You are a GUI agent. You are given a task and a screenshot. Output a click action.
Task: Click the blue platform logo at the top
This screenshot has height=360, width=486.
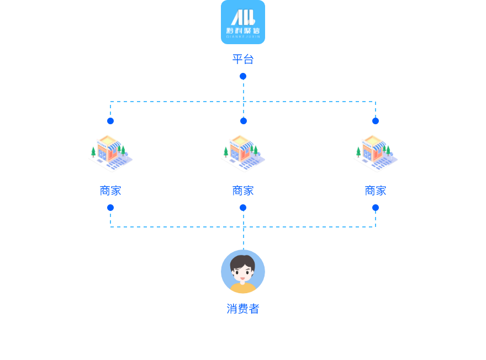click(x=243, y=22)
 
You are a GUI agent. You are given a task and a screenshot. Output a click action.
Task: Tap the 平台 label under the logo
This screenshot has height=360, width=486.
click(x=243, y=59)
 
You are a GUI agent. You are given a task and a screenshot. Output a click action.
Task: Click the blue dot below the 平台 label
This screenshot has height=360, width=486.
click(x=243, y=76)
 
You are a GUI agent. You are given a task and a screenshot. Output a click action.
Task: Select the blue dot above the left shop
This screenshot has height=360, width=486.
click(x=110, y=121)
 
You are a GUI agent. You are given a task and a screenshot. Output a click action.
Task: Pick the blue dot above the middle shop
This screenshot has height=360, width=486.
click(x=243, y=121)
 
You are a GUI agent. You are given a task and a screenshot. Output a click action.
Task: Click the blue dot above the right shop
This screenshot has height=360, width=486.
click(x=376, y=121)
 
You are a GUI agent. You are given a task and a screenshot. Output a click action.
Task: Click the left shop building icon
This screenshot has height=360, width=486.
click(x=110, y=153)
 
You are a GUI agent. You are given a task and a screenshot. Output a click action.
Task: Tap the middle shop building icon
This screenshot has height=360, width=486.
click(x=242, y=153)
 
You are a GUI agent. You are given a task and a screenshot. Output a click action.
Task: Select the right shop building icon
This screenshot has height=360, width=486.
click(x=375, y=153)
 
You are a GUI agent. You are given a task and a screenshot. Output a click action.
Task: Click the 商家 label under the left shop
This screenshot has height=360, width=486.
click(x=110, y=190)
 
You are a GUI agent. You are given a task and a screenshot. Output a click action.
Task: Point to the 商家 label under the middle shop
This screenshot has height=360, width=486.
click(x=243, y=190)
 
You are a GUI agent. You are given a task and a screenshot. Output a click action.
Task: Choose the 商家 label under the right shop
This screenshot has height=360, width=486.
click(x=376, y=190)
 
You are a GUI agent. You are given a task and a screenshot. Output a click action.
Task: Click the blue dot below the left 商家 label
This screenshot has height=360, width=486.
click(x=110, y=208)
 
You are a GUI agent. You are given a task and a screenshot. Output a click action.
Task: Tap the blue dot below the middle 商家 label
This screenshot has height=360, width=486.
click(x=243, y=208)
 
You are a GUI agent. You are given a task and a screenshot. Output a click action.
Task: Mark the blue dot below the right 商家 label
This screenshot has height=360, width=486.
click(x=376, y=208)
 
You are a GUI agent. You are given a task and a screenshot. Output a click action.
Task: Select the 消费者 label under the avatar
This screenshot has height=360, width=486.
click(x=243, y=309)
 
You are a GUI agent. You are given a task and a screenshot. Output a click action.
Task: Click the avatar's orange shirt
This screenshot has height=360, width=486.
click(x=243, y=289)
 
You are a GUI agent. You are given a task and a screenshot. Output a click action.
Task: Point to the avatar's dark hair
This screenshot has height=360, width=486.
click(x=243, y=259)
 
